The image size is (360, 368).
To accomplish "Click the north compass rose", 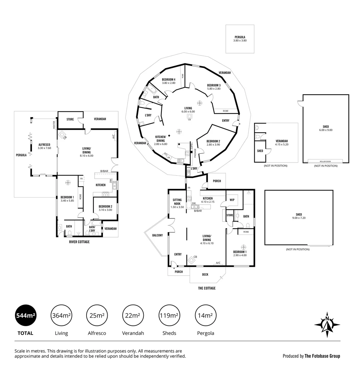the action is click(x=327, y=325).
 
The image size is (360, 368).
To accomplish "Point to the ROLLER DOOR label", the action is click(x=326, y=162).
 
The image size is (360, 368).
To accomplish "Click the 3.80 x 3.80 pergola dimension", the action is click(x=240, y=41).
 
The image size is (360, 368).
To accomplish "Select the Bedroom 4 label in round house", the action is click(x=169, y=79).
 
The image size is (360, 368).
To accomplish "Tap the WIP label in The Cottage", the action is click(x=232, y=200).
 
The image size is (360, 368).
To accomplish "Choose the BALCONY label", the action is click(x=157, y=235).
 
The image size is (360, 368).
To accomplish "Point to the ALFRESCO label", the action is click(x=45, y=144).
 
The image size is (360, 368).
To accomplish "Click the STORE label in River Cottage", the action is click(x=70, y=119).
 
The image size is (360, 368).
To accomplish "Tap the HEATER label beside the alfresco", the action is click(x=54, y=125).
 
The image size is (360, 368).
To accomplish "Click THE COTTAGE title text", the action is click(x=207, y=288).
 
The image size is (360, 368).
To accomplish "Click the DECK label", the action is click(x=205, y=275).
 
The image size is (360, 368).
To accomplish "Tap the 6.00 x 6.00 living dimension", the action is click(x=188, y=112).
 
